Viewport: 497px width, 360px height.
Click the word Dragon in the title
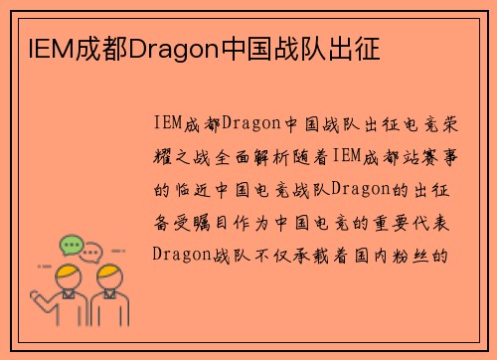pyautogui.click(x=168, y=47)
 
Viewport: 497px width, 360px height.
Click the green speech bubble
pyautogui.click(x=71, y=244)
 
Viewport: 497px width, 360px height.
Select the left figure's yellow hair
pyautogui.click(x=69, y=273)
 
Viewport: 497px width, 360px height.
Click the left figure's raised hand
pyautogui.click(x=45, y=269)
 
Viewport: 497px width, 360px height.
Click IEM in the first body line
pyautogui.click(x=167, y=124)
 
